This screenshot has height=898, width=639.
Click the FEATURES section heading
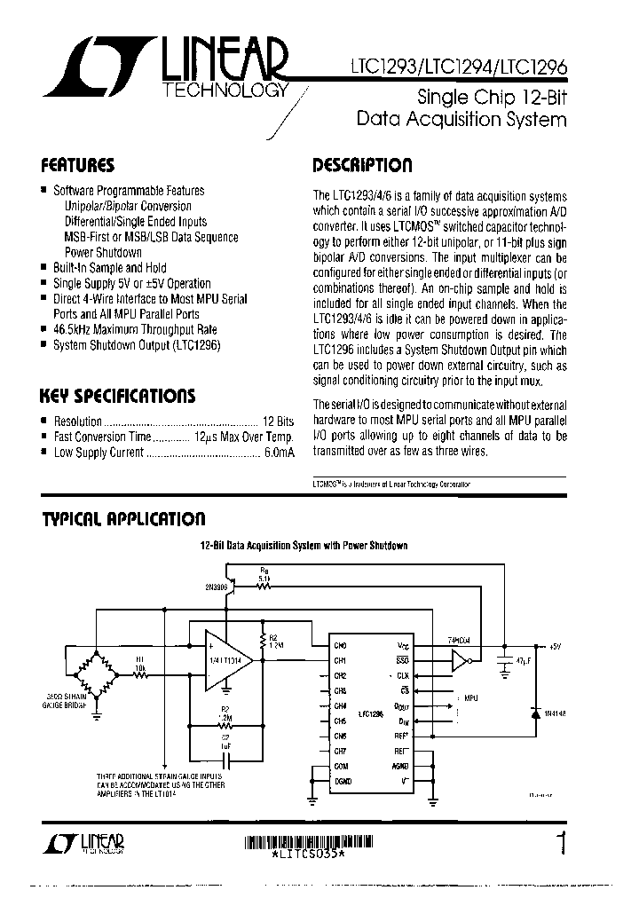tap(78, 165)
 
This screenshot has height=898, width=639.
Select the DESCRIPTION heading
tap(362, 166)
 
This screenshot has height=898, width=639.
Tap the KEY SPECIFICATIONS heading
tap(118, 396)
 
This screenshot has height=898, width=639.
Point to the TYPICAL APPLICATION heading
tap(123, 518)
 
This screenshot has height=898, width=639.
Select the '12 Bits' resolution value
tap(279, 422)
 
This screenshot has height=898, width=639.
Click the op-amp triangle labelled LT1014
tap(227, 660)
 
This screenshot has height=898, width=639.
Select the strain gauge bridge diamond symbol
tap(96, 673)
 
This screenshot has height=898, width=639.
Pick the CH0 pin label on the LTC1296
tap(340, 646)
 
